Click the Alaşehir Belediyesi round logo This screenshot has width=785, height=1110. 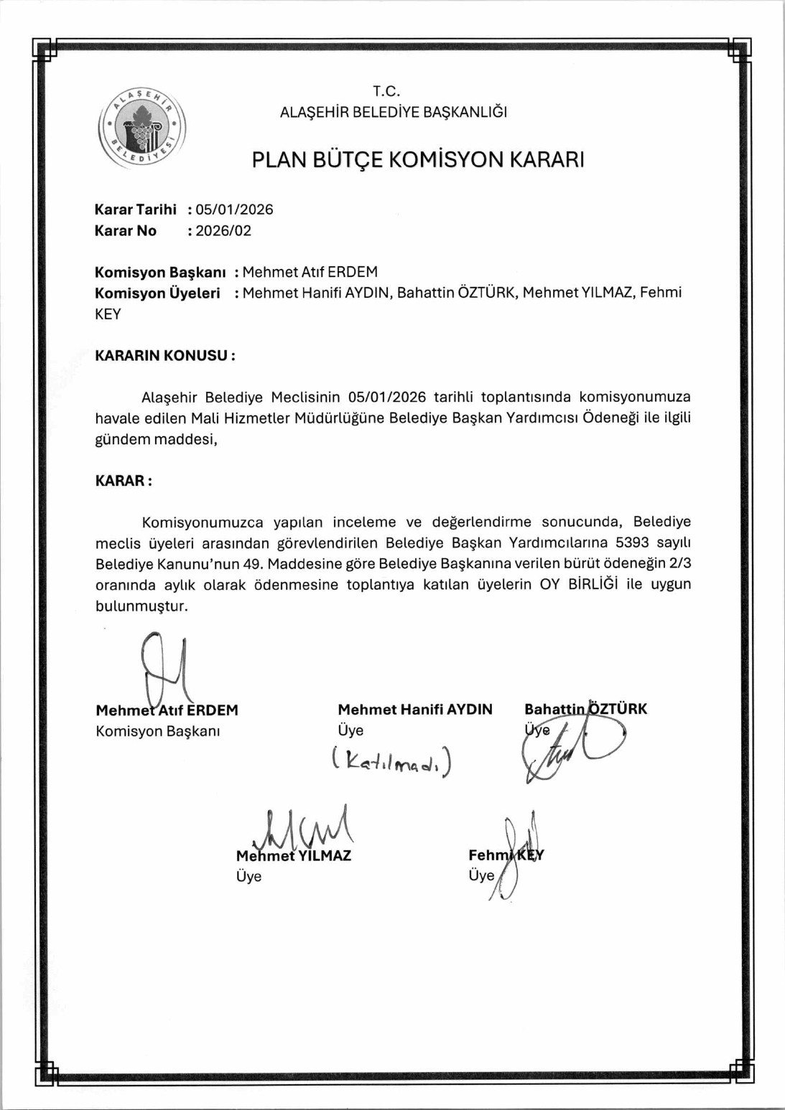142,129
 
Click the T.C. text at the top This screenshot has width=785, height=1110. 386,91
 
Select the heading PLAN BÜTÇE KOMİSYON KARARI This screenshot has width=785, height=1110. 417,159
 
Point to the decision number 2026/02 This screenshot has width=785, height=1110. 223,231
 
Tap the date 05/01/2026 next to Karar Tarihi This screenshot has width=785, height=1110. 234,210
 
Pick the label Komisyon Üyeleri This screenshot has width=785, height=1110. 157,293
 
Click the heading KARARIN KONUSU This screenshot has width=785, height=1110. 164,356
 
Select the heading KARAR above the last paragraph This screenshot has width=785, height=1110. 123,481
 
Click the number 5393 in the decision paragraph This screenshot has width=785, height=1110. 632,542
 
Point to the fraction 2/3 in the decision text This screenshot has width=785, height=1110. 679,563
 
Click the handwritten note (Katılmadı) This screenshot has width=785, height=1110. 392,761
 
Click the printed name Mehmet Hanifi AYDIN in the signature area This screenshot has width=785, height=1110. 415,710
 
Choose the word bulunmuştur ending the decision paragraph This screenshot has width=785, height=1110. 141,606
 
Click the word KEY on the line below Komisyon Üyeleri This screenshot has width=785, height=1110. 108,314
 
